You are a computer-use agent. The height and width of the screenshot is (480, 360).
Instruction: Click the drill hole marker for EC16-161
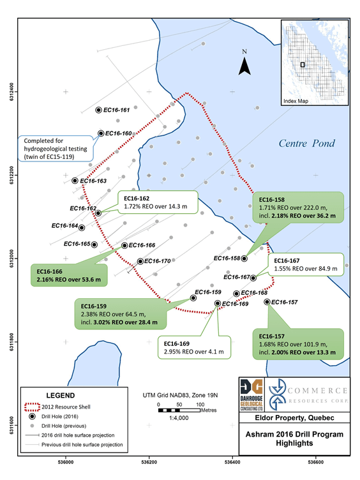tap(98, 110)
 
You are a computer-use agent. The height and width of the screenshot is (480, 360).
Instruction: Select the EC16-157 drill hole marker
tap(267, 302)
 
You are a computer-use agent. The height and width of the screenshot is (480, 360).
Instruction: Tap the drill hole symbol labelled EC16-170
tap(140, 261)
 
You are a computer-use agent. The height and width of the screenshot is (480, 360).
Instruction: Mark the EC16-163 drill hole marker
tap(75, 181)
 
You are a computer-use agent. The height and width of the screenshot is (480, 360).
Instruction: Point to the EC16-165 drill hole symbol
tap(94, 244)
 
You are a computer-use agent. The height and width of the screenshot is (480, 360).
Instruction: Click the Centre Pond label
tap(307, 143)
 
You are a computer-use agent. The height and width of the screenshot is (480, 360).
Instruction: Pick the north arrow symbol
tap(244, 66)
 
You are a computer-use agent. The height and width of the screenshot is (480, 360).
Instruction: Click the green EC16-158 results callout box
tap(298, 207)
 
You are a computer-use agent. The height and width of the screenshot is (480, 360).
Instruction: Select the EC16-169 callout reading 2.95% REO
tap(194, 347)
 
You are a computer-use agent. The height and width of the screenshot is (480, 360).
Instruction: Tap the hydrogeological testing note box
tap(56, 149)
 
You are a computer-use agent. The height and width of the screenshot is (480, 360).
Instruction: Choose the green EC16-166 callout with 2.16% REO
tap(69, 276)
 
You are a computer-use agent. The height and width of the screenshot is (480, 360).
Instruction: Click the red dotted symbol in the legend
tap(32, 407)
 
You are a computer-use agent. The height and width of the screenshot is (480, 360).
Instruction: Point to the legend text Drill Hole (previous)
tap(64, 426)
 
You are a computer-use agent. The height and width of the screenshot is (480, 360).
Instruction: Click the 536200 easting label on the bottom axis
tap(149, 462)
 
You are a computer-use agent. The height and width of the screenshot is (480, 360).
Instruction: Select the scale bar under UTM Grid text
tap(179, 410)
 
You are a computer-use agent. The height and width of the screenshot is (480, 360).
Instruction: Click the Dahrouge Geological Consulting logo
tap(251, 394)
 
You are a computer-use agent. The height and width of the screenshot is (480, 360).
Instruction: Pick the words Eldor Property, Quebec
tap(294, 418)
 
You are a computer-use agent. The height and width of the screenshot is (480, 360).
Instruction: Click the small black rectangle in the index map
tap(303, 64)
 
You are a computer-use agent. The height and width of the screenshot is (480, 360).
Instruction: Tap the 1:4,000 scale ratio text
tap(179, 418)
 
